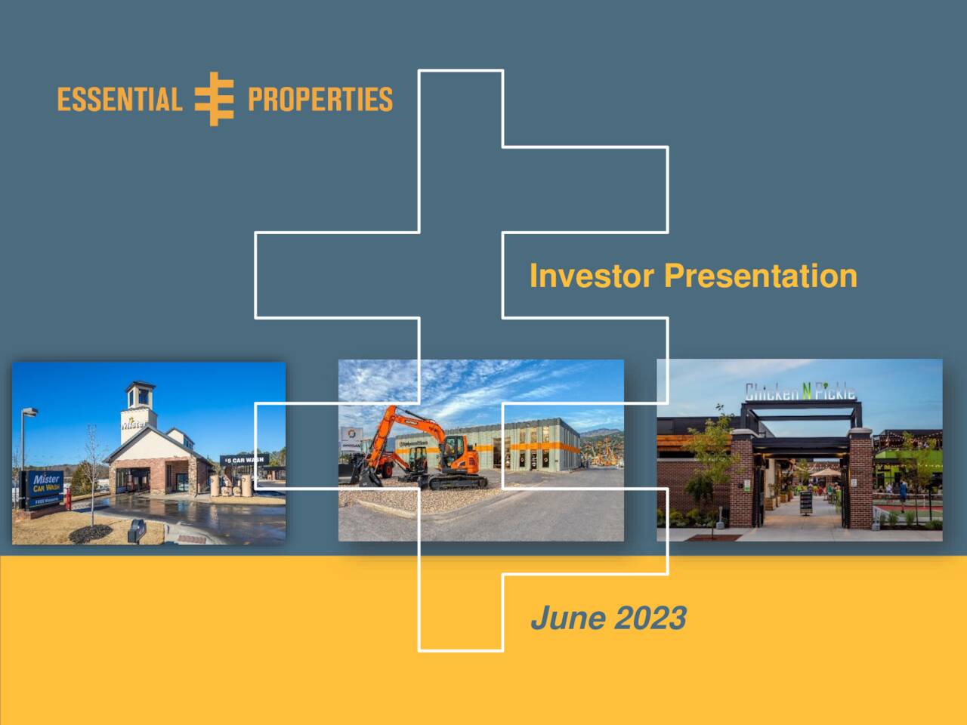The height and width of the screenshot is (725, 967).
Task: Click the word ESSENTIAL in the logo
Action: pyautogui.click(x=119, y=100)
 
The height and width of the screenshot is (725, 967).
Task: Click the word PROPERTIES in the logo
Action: pyautogui.click(x=320, y=100)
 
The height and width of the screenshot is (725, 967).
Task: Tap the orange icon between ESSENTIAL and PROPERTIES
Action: pyautogui.click(x=215, y=99)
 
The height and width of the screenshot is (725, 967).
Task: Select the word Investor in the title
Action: pyautogui.click(x=592, y=276)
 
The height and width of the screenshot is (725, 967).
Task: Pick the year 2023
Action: pyautogui.click(x=650, y=618)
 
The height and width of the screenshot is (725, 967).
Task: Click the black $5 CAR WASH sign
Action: pyautogui.click(x=243, y=460)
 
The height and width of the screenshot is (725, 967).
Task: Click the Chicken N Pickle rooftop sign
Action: pyautogui.click(x=800, y=391)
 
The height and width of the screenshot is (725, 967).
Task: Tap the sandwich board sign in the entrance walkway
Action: pyautogui.click(x=806, y=501)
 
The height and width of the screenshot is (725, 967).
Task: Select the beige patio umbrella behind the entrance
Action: pyautogui.click(x=824, y=473)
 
